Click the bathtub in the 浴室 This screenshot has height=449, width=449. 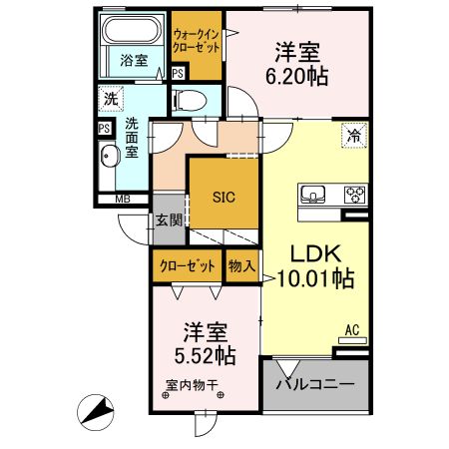[132, 30]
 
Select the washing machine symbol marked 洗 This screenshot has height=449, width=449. [111, 99]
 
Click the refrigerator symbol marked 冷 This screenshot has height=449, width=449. [354, 135]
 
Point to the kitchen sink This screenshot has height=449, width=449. [313, 195]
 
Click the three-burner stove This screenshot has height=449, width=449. [355, 195]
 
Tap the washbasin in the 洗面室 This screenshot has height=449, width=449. [110, 156]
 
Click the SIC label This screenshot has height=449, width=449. [224, 198]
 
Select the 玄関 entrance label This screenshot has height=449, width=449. [169, 220]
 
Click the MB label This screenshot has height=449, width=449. [123, 200]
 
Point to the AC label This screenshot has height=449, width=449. [352, 330]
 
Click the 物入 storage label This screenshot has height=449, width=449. [241, 265]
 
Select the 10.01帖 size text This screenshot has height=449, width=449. [315, 277]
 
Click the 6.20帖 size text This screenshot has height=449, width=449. [296, 76]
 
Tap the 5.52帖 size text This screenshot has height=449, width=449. [206, 355]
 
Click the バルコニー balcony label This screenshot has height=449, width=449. [315, 385]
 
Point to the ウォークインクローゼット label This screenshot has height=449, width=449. [197, 41]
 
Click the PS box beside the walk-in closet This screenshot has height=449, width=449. [179, 73]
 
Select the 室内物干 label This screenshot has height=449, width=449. [192, 385]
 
